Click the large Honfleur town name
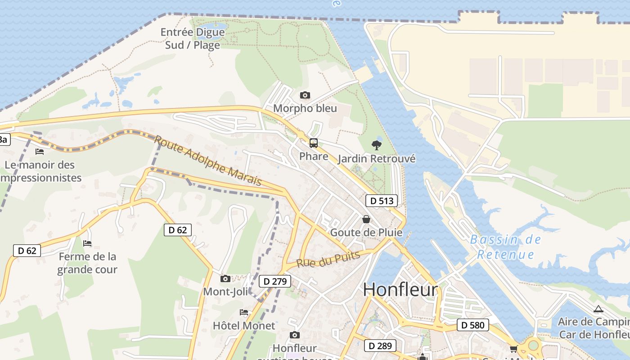tap(400, 290)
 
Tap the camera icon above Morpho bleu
tap(305, 95)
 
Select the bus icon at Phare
tap(314, 143)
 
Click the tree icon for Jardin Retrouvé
tap(377, 145)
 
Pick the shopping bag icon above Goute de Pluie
tap(366, 219)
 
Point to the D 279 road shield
tap(274, 282)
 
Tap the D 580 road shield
tap(472, 325)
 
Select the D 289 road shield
tap(380, 346)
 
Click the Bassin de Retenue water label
tap(505, 247)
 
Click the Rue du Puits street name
tap(328, 259)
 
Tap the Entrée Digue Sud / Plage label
tap(193, 39)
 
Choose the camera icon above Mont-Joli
tap(225, 279)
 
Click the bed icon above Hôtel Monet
tap(244, 312)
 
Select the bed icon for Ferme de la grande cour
tap(87, 243)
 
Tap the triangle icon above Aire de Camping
tap(598, 309)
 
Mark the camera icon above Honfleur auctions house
tap(295, 335)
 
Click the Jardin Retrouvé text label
tap(376, 159)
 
